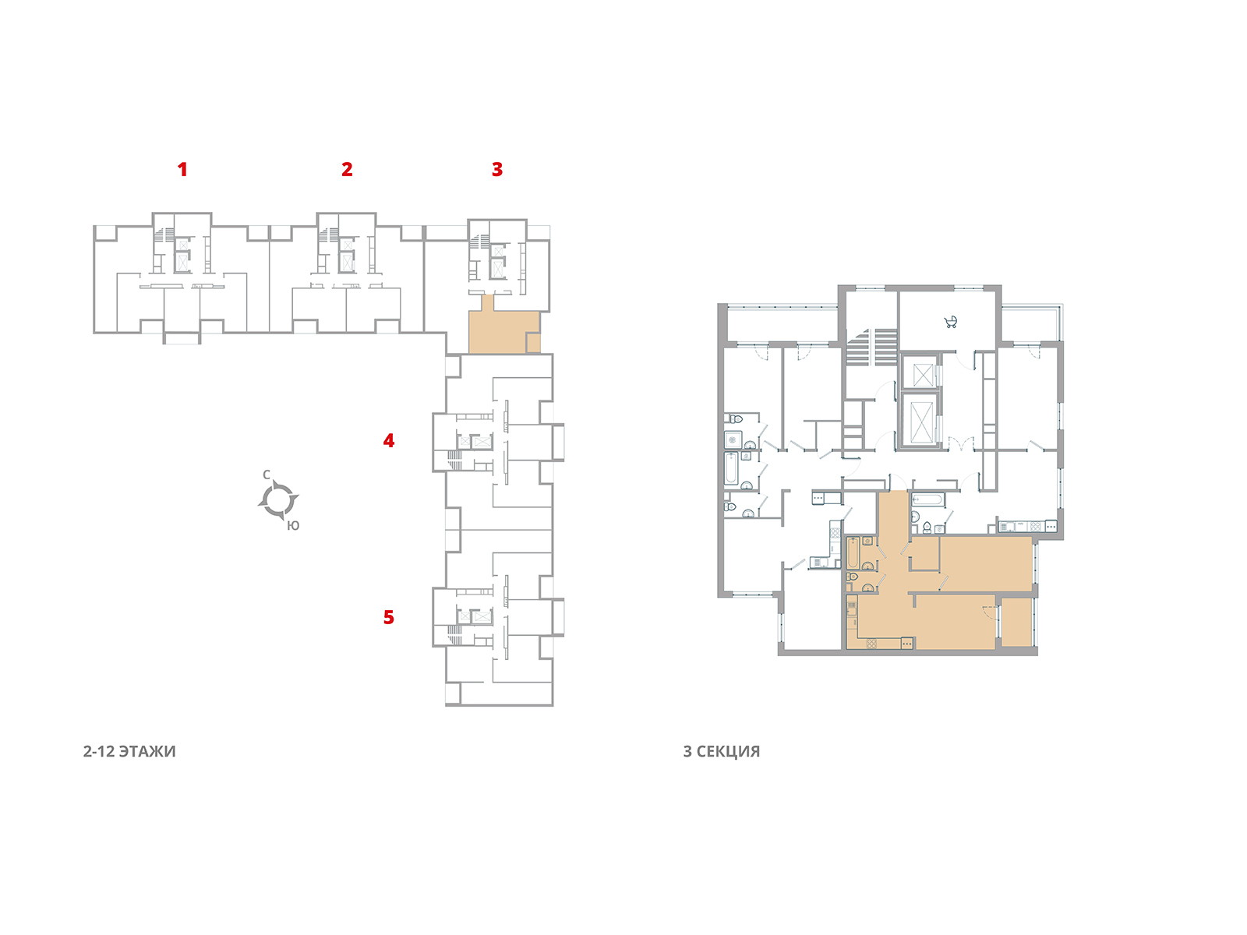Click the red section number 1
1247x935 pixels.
pyautogui.click(x=182, y=169)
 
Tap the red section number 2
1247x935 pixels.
pyautogui.click(x=347, y=169)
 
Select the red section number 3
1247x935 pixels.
pyautogui.click(x=497, y=169)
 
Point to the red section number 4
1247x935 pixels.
pyautogui.click(x=389, y=441)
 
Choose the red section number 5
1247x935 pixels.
pyautogui.click(x=389, y=617)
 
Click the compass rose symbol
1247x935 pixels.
pyautogui.click(x=278, y=499)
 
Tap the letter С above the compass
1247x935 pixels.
pyautogui.click(x=267, y=475)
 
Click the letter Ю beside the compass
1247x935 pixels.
pyautogui.click(x=293, y=526)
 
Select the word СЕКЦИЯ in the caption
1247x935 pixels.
pyautogui.click(x=728, y=752)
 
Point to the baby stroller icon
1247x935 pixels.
pyautogui.click(x=950, y=321)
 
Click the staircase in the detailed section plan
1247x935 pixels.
pyautogui.click(x=871, y=346)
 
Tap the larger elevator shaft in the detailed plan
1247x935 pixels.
pyautogui.click(x=922, y=419)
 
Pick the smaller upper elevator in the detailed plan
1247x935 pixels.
pyautogui.click(x=922, y=374)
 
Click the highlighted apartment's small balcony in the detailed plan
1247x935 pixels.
pyautogui.click(x=1016, y=621)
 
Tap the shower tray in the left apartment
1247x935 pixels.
pyautogui.click(x=733, y=439)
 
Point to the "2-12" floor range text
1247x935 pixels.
pyautogui.click(x=99, y=752)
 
